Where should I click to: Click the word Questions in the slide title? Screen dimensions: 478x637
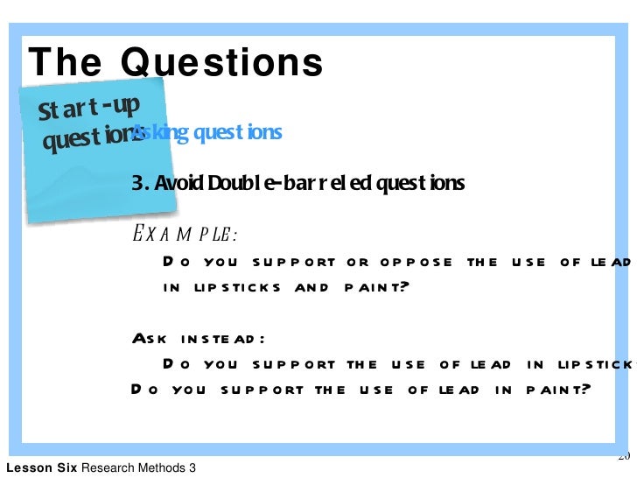221,62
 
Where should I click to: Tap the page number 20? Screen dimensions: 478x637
624,455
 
